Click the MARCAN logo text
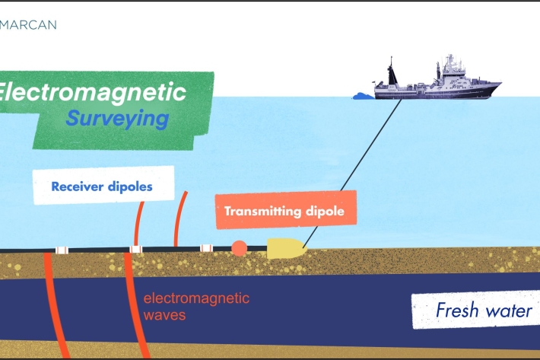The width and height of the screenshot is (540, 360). coord(28,24)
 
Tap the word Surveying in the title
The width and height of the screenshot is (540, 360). coord(116,118)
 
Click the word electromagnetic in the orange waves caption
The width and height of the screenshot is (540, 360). coord(196,298)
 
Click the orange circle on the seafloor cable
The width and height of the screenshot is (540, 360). coord(239,248)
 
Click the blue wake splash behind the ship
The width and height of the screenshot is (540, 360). coord(363,96)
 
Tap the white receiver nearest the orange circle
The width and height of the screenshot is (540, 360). coord(205,248)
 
